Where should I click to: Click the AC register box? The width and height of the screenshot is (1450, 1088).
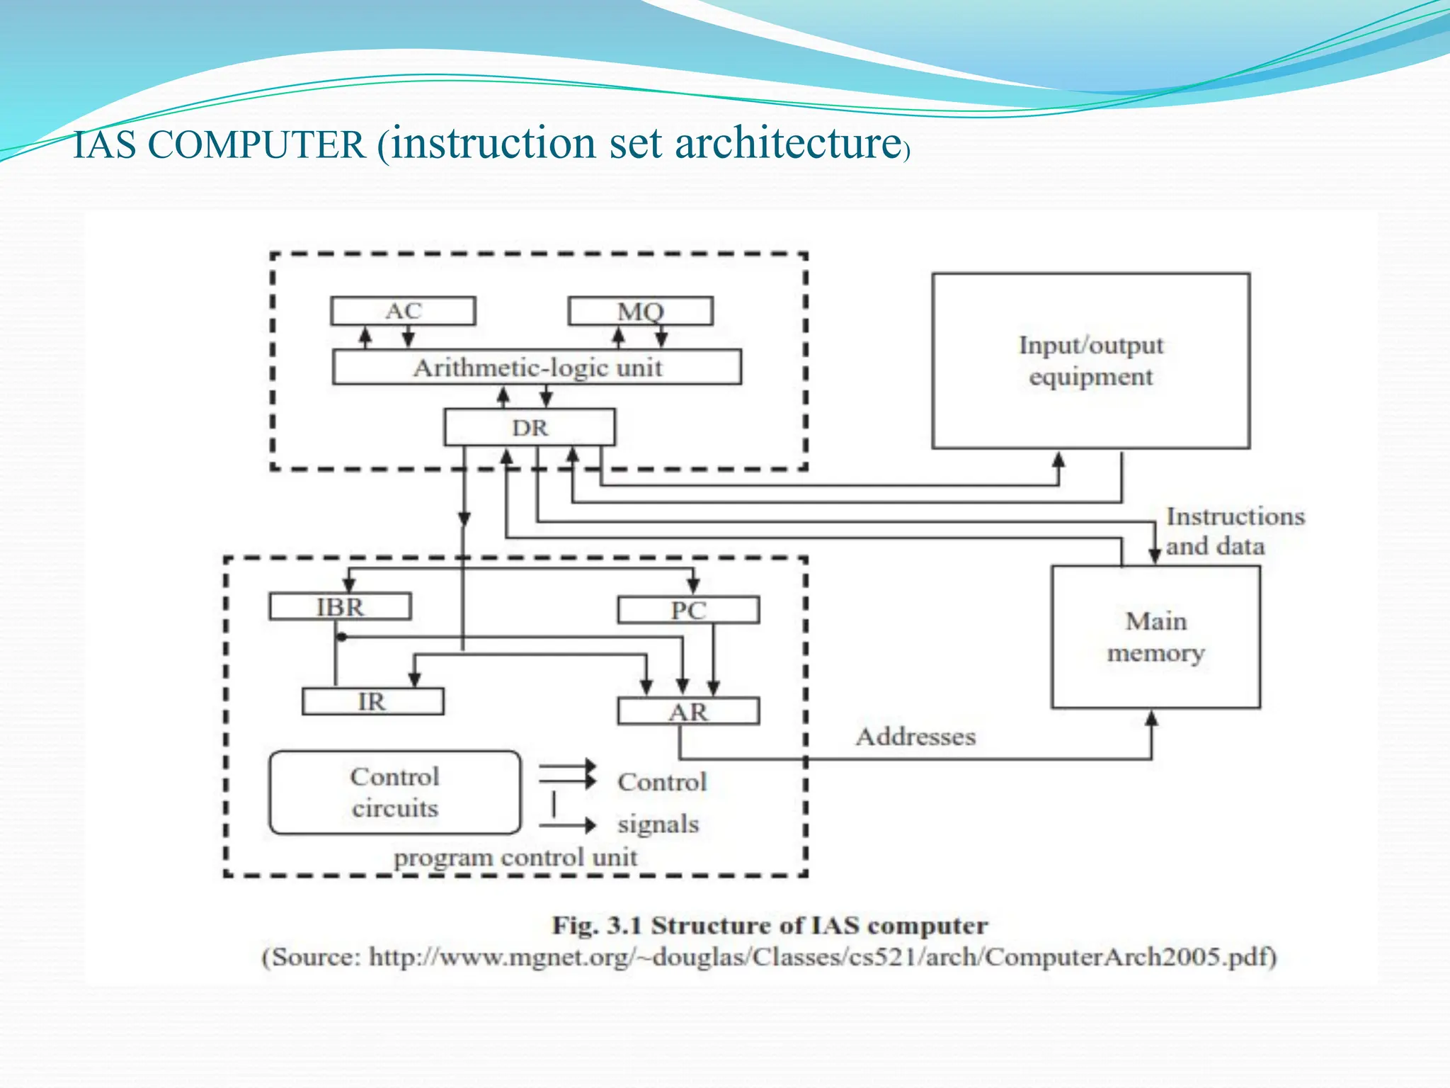point(403,311)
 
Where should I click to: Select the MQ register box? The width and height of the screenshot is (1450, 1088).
point(640,311)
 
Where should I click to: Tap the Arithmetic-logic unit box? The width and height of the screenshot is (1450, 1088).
point(537,367)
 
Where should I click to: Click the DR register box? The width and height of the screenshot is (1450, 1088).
point(530,427)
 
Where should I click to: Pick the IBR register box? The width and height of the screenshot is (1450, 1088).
point(340,607)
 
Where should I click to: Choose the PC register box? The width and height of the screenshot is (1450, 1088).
point(688,610)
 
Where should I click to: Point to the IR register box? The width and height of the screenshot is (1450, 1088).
point(372,701)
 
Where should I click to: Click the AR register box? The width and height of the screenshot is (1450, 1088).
point(688,711)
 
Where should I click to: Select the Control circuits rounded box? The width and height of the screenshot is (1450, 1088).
point(395,792)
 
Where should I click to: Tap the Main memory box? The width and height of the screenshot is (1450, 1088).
point(1155,636)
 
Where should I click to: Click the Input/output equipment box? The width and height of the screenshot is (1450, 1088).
point(1090,361)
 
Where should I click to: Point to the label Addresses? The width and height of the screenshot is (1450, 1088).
point(915,737)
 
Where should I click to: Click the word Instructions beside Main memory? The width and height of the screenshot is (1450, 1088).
point(1235,516)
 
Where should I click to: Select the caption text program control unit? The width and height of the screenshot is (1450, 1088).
point(515,857)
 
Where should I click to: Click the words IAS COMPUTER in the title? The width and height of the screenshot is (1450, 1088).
point(219,145)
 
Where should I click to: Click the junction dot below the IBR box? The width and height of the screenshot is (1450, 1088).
point(341,637)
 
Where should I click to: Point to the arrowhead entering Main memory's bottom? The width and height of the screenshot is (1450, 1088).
point(1152,718)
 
